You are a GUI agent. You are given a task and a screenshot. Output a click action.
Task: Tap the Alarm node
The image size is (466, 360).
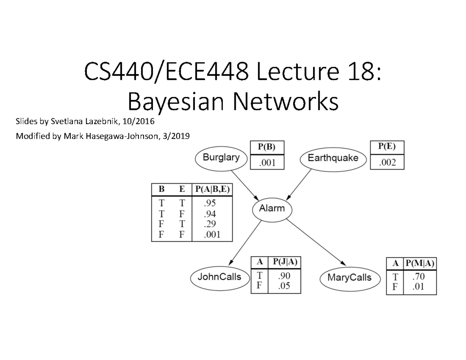pyautogui.click(x=272, y=209)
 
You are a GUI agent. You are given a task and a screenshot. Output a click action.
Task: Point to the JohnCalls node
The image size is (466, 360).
pyautogui.click(x=219, y=277)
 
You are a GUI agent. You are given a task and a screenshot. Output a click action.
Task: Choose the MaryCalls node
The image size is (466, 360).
pyautogui.click(x=349, y=278)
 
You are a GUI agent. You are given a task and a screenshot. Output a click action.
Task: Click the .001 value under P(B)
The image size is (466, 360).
pyautogui.click(x=267, y=163)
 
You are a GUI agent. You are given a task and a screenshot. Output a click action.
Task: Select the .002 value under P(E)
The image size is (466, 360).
pyautogui.click(x=387, y=163)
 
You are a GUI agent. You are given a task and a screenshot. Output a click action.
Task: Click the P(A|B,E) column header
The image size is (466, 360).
pyautogui.click(x=212, y=190)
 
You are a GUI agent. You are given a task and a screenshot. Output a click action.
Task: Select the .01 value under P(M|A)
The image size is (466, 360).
pyautogui.click(x=419, y=287)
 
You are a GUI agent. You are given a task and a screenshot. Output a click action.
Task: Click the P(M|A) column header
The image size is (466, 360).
pyautogui.click(x=420, y=263)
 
